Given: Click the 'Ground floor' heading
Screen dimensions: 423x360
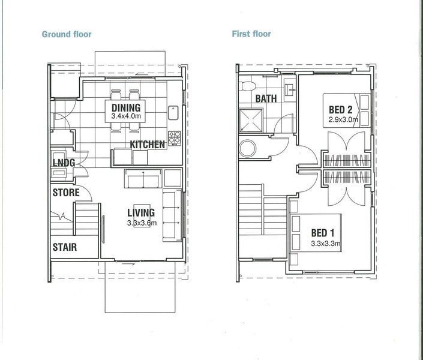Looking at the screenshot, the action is [67, 34].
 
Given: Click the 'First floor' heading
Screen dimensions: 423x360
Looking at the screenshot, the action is [251, 34].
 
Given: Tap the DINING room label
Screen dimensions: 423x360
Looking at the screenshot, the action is [126, 107].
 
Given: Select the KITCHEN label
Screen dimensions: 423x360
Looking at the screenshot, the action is [147, 145].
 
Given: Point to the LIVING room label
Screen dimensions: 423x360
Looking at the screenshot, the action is [141, 212].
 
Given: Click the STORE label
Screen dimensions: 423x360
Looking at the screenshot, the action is [66, 193].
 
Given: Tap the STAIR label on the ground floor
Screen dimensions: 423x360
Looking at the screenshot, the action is [65, 247].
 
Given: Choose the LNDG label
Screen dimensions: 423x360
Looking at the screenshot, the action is [64, 163].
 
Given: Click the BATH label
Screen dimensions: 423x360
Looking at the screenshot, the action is [266, 98].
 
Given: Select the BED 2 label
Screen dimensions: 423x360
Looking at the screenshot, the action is [340, 110].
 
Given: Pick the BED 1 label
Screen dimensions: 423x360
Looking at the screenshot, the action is [323, 233].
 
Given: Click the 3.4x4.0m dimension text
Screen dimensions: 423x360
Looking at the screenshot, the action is [126, 116].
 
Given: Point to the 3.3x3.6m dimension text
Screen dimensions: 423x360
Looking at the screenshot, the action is [142, 223].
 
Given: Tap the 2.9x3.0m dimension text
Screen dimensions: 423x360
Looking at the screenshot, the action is [343, 119].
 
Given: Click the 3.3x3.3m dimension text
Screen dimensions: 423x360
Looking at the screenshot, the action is [326, 244].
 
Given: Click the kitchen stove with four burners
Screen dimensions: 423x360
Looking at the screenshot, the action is [175, 139].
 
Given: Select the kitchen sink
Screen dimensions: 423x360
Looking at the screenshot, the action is [173, 113].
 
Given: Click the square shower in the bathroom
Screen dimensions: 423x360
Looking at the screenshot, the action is [251, 120].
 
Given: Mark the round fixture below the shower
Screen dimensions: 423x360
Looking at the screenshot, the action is [248, 148].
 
